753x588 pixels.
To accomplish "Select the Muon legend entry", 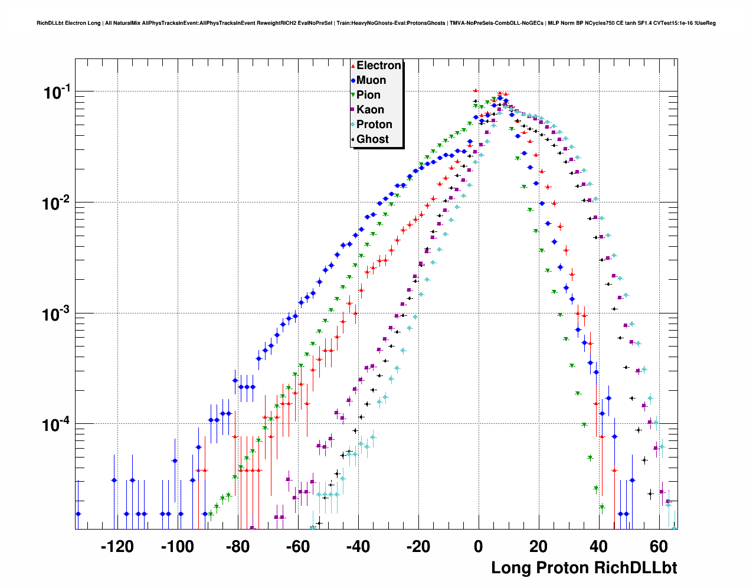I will pyautogui.click(x=371, y=80).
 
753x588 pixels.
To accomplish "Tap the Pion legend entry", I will pyautogui.click(x=368, y=95).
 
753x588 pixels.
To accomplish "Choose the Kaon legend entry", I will pyautogui.click(x=370, y=110).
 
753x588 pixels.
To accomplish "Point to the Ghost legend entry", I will pyautogui.click(x=372, y=139).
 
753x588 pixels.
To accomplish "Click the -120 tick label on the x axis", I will pyautogui.click(x=117, y=547).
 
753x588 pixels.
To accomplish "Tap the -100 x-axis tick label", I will pyautogui.click(x=177, y=547).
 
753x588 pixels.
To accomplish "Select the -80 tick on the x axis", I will pyautogui.click(x=237, y=547).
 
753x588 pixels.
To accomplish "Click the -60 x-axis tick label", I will pyautogui.click(x=297, y=547).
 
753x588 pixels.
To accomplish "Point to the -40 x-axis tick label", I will pyautogui.click(x=358, y=547).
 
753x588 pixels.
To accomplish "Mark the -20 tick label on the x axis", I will pyautogui.click(x=418, y=547).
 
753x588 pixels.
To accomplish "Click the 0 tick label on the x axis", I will pyautogui.click(x=479, y=547).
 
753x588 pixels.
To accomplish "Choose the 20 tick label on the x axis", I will pyautogui.click(x=539, y=547).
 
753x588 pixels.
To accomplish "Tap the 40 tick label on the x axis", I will pyautogui.click(x=599, y=547).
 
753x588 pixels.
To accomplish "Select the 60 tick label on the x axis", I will pyautogui.click(x=659, y=547).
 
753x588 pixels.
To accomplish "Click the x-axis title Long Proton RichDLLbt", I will pyautogui.click(x=584, y=568).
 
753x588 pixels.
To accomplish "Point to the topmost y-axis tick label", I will pyautogui.click(x=57, y=92).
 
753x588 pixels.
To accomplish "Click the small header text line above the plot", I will pyautogui.click(x=376, y=23).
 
